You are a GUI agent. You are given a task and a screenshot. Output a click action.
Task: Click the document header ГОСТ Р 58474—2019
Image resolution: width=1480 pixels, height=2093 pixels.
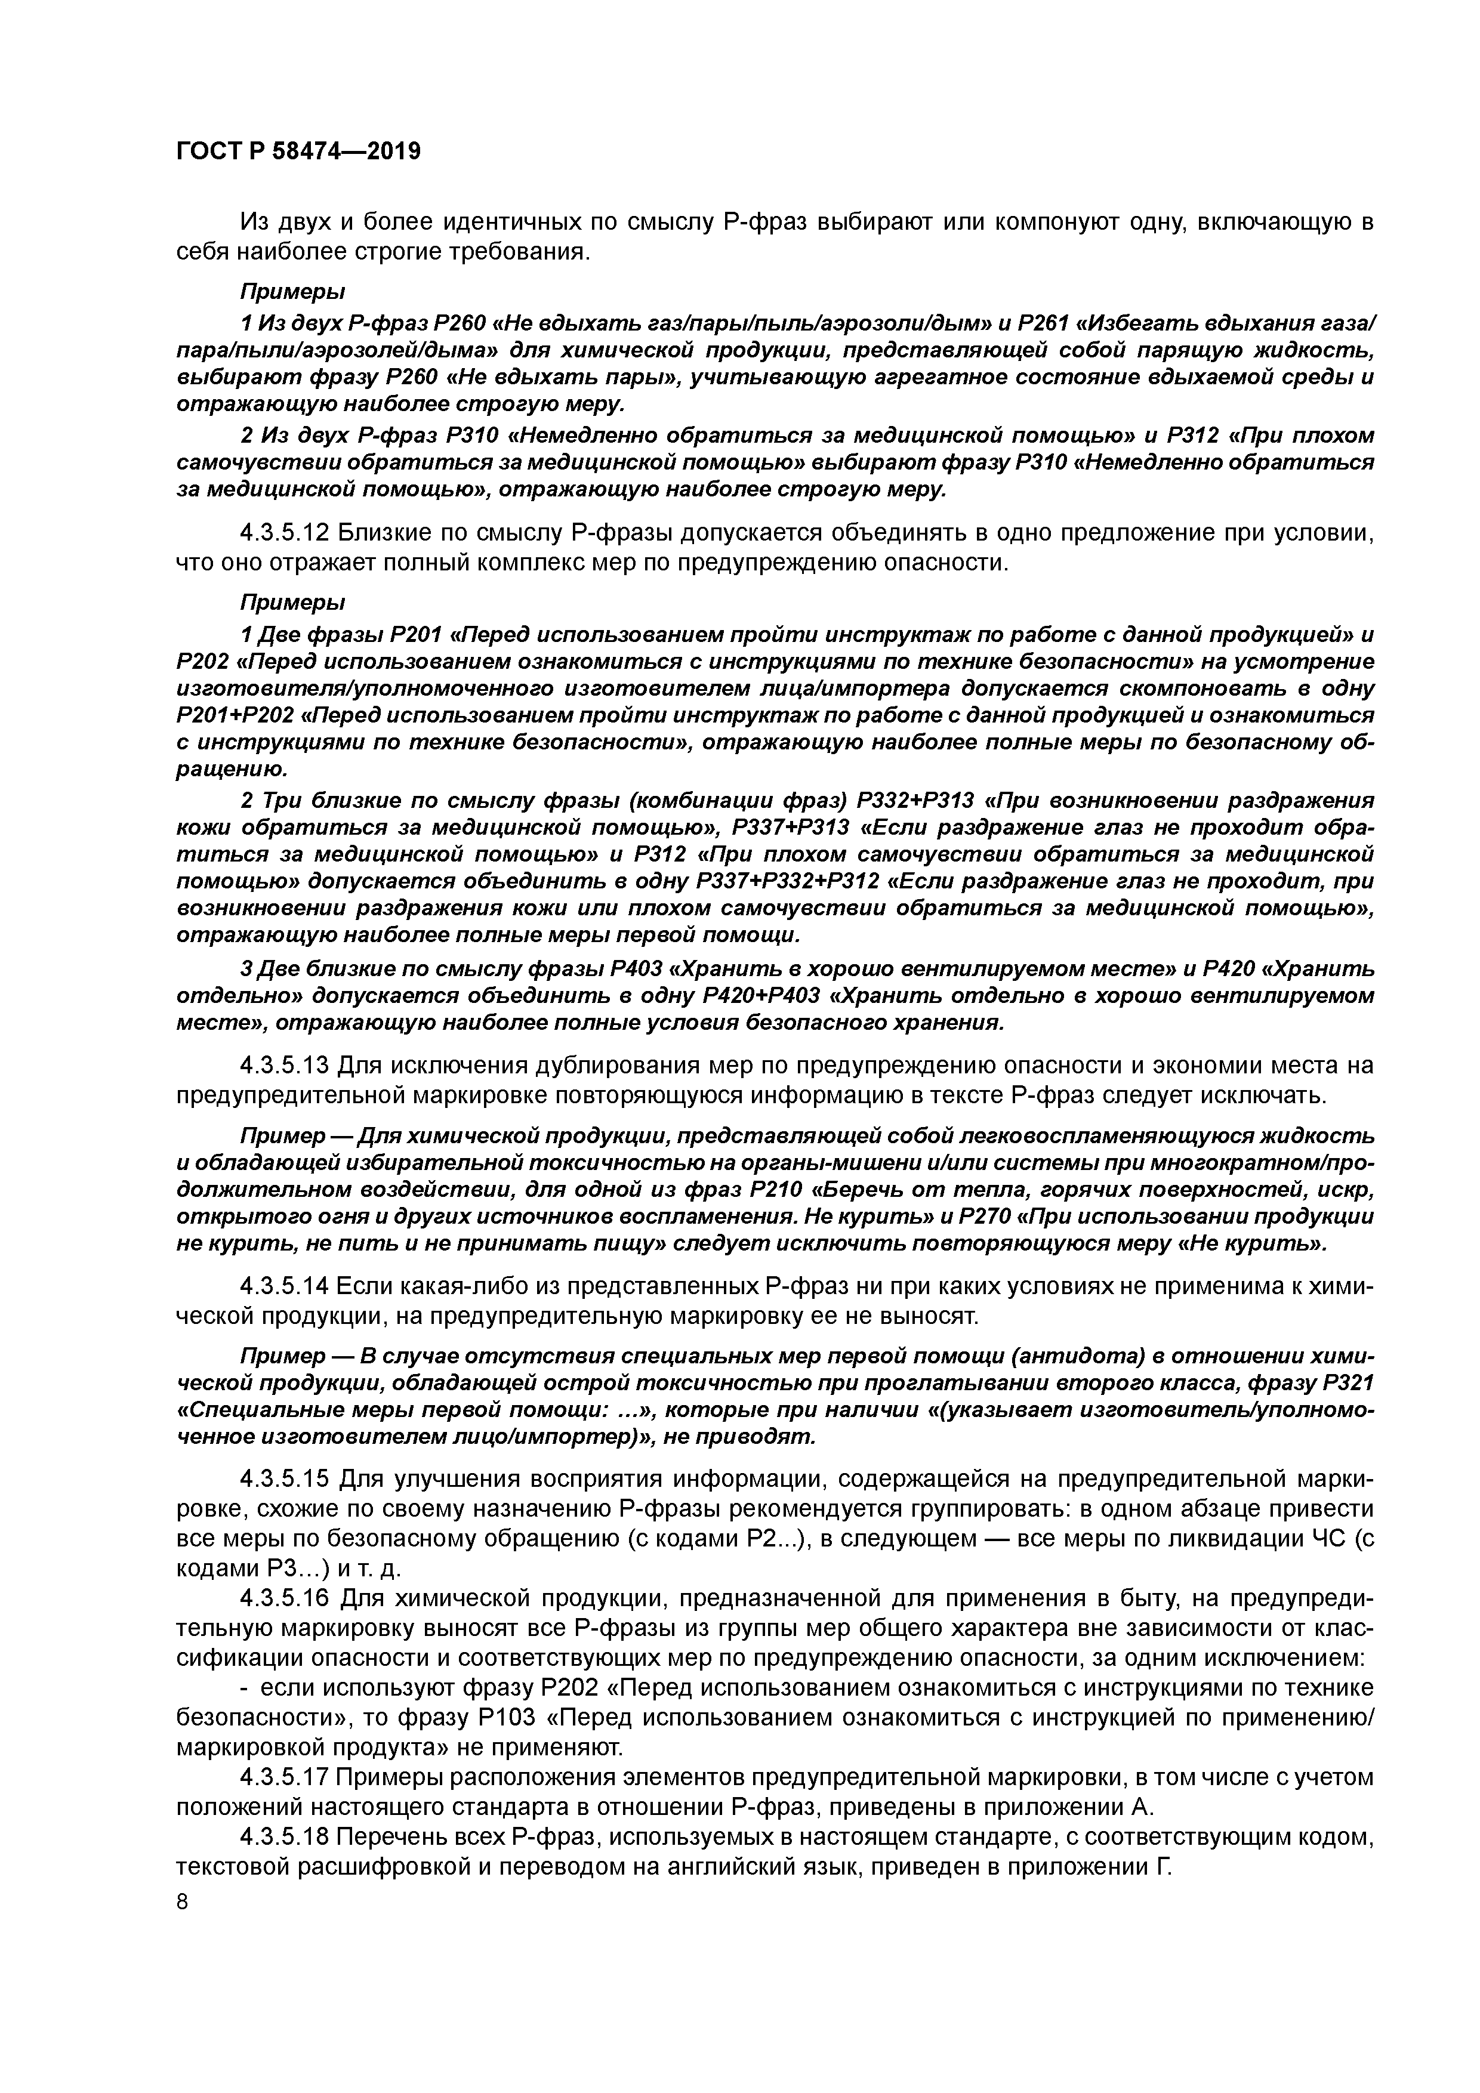[x=298, y=152]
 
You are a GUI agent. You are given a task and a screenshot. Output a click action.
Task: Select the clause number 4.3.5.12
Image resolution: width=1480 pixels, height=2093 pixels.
[x=285, y=532]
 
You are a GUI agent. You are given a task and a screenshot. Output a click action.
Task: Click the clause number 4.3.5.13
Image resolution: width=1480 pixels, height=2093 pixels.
[x=285, y=1065]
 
